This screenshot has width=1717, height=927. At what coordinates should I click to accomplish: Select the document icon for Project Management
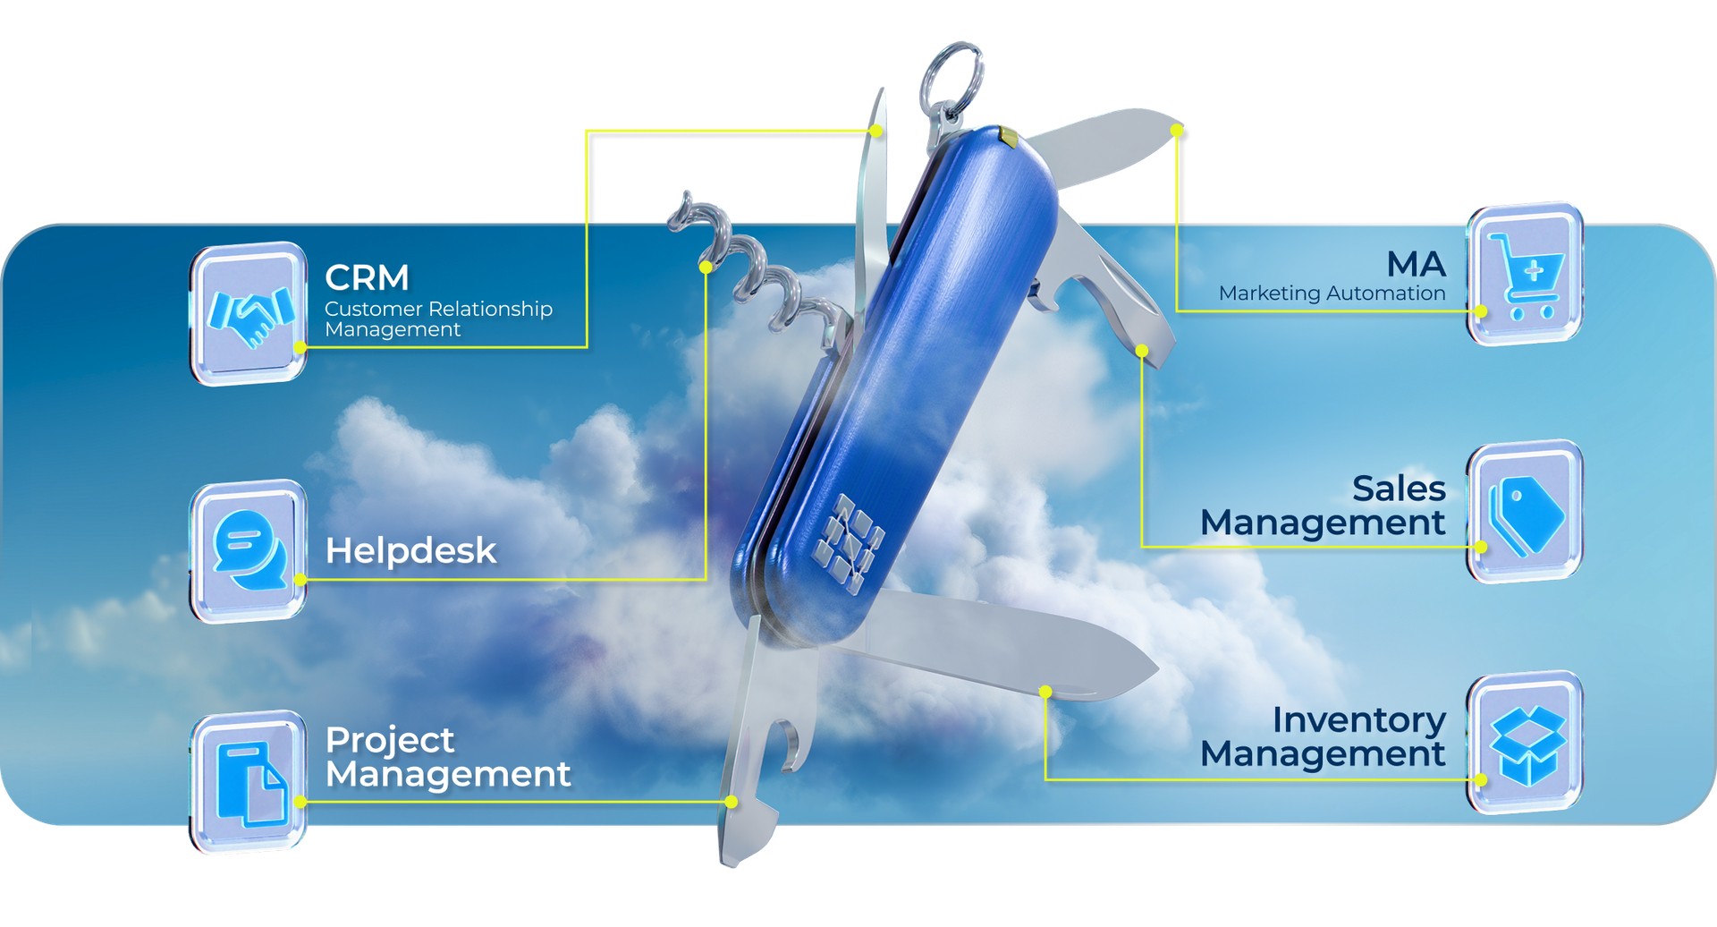pyautogui.click(x=250, y=782)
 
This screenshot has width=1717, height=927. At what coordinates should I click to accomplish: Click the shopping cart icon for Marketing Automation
pyautogui.click(x=1526, y=274)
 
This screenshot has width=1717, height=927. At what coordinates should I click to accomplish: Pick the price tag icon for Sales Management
pyautogui.click(x=1526, y=513)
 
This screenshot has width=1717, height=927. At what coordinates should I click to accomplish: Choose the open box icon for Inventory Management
pyautogui.click(x=1527, y=744)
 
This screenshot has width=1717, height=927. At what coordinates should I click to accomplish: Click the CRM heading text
pyautogui.click(x=367, y=278)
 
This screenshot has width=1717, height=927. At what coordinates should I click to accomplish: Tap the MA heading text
pyautogui.click(x=1416, y=265)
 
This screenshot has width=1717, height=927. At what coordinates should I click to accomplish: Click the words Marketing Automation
pyautogui.click(x=1332, y=293)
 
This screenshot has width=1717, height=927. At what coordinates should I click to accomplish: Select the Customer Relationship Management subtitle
pyautogui.click(x=438, y=319)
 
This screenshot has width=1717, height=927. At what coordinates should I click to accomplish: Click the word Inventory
pyautogui.click(x=1358, y=720)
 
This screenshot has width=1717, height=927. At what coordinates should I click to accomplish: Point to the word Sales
pyautogui.click(x=1399, y=489)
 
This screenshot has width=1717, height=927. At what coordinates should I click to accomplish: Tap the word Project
pyautogui.click(x=390, y=741)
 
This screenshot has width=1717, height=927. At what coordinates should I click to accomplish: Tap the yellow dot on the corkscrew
pyautogui.click(x=706, y=267)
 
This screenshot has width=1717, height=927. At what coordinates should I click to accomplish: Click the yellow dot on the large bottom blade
pyautogui.click(x=1045, y=692)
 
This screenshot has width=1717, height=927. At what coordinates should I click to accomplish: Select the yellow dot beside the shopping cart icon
pyautogui.click(x=1481, y=311)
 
